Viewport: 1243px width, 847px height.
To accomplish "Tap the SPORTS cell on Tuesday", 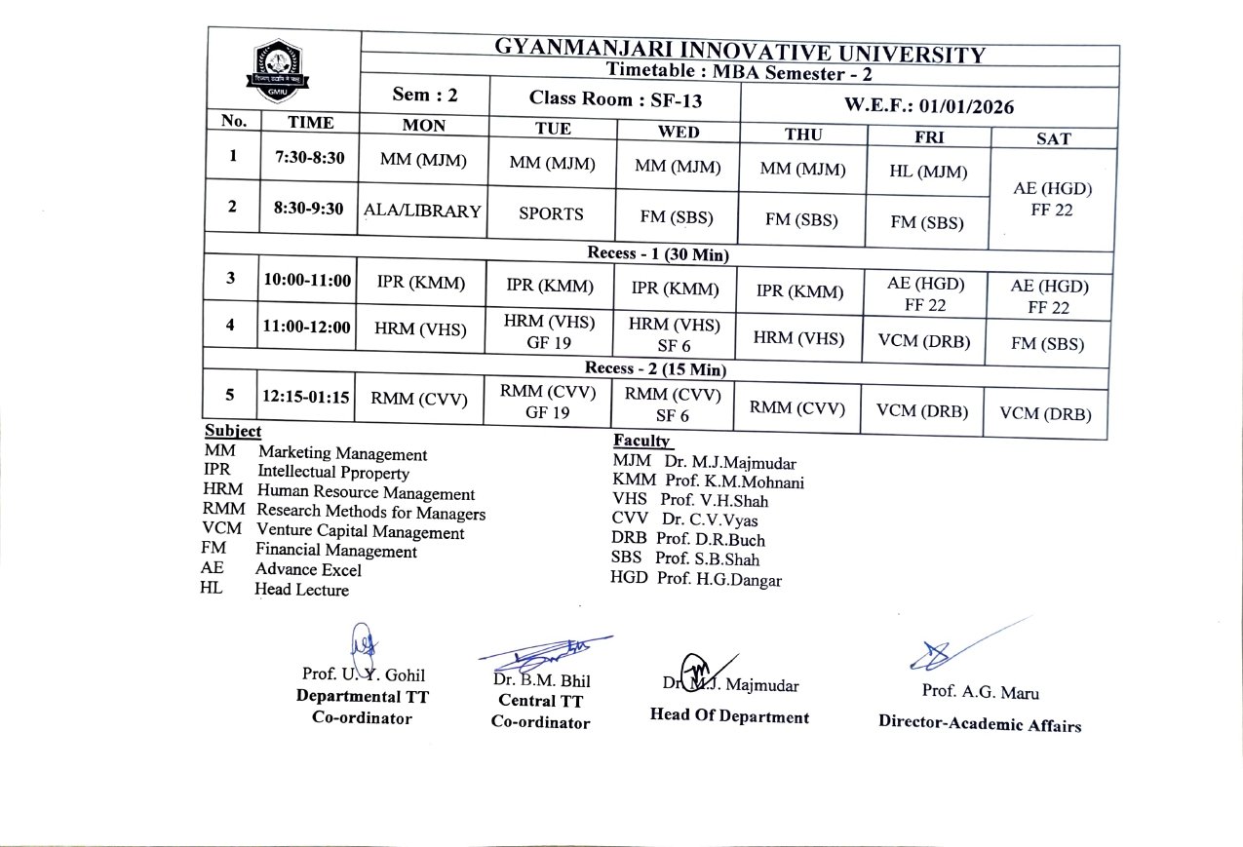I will coord(551,213).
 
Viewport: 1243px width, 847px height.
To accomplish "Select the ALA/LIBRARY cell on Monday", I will coord(422,211).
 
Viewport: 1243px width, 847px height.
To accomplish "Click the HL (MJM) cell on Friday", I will coord(928,172).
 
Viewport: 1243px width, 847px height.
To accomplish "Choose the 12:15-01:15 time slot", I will coord(307,397).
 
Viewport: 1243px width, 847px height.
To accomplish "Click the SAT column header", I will coord(1053,138).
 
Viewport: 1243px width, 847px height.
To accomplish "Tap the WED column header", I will coord(679,132).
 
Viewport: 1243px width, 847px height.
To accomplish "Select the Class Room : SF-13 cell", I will coord(615,98).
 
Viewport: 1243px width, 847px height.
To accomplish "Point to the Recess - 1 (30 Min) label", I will coord(658,253).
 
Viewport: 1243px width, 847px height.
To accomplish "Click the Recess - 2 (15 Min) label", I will coord(655,368).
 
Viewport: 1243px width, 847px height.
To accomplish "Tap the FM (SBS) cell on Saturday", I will coord(1047,344).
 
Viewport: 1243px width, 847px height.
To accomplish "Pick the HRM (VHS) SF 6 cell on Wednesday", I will coord(674,334).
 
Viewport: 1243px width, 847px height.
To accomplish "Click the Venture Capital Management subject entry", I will coord(360,532).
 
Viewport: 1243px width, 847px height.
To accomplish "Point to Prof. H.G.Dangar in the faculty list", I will coord(719,579).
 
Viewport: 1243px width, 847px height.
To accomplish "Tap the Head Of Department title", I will coord(729,716).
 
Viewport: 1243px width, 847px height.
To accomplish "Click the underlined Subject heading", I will coord(233,431).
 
